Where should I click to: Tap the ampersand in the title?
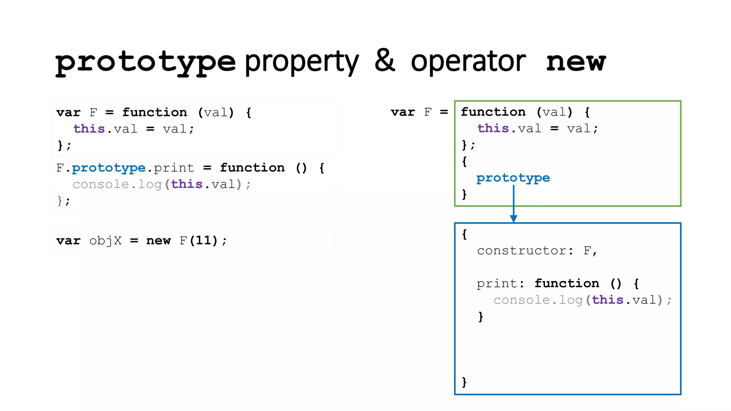tap(385, 61)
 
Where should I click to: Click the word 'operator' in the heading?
tap(468, 61)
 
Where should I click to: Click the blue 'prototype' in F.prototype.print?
tap(109, 168)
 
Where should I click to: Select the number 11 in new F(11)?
tap(203, 240)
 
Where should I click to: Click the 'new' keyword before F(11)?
tap(158, 241)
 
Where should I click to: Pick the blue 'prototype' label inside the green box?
tap(513, 178)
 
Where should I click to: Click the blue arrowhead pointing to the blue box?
tap(513, 219)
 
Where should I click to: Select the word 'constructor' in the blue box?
tap(521, 250)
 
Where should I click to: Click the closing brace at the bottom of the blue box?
tap(464, 382)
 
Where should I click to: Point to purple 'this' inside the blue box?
tap(608, 300)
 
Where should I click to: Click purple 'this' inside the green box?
tap(493, 128)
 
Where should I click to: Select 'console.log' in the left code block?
tap(117, 184)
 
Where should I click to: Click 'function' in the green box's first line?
tap(493, 112)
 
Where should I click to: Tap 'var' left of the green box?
tap(403, 112)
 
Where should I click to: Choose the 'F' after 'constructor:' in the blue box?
tap(587, 250)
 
